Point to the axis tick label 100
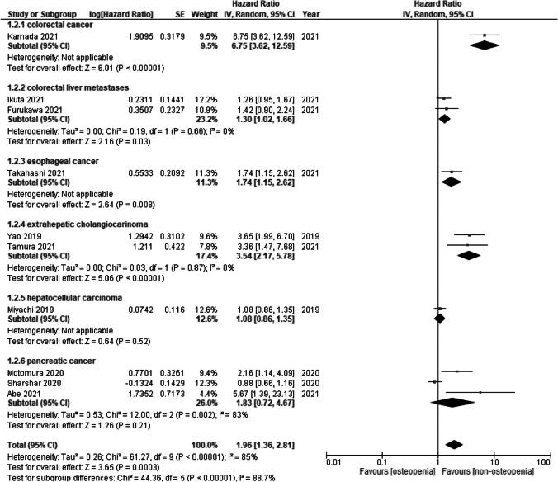[x=544, y=457]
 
